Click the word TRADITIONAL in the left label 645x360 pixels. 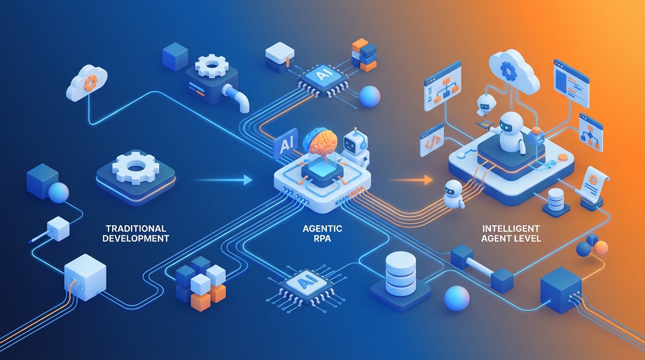136,229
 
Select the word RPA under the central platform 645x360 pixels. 322,238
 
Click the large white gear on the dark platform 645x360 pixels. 136,167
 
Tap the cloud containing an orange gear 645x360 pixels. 87,83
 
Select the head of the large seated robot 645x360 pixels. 509,124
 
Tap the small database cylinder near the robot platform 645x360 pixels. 556,200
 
